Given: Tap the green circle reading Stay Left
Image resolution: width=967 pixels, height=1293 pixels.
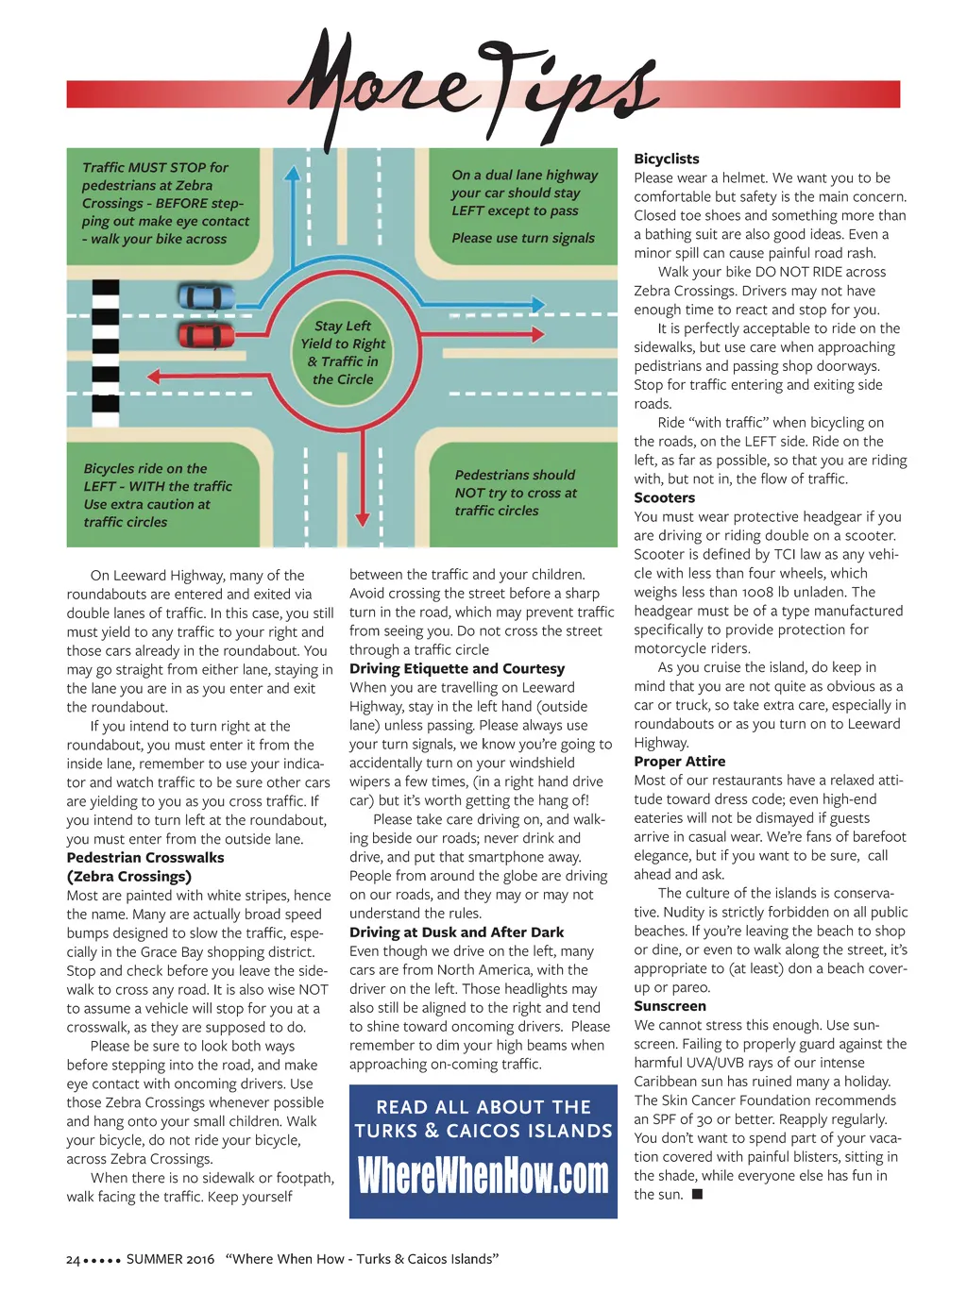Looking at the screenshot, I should click(x=343, y=352).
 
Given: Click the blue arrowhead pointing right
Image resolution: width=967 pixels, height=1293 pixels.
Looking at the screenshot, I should click(x=537, y=305).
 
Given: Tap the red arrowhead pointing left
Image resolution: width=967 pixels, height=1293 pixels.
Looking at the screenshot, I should click(x=156, y=378).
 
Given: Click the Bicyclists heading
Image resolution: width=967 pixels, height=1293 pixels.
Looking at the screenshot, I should click(x=667, y=159).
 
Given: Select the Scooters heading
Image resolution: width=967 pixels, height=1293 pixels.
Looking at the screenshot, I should click(x=664, y=497).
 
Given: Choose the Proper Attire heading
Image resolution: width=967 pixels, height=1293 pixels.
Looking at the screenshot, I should click(x=679, y=761).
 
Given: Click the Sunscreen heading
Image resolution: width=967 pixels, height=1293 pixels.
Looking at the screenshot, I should click(x=670, y=1006).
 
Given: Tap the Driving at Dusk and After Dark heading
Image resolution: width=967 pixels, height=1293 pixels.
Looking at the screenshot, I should click(x=456, y=932).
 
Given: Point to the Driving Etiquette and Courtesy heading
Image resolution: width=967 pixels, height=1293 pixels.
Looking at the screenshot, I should click(x=457, y=668).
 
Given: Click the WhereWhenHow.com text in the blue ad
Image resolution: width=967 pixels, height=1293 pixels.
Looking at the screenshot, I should click(x=483, y=1176).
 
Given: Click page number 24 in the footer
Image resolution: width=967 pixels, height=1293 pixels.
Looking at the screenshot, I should click(x=73, y=1259).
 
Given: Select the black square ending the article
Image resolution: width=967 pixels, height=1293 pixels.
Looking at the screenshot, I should click(x=697, y=1195).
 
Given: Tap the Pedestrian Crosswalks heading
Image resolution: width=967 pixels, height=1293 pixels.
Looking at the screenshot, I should click(x=145, y=857).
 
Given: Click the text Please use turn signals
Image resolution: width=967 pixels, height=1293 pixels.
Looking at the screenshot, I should click(x=523, y=238).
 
